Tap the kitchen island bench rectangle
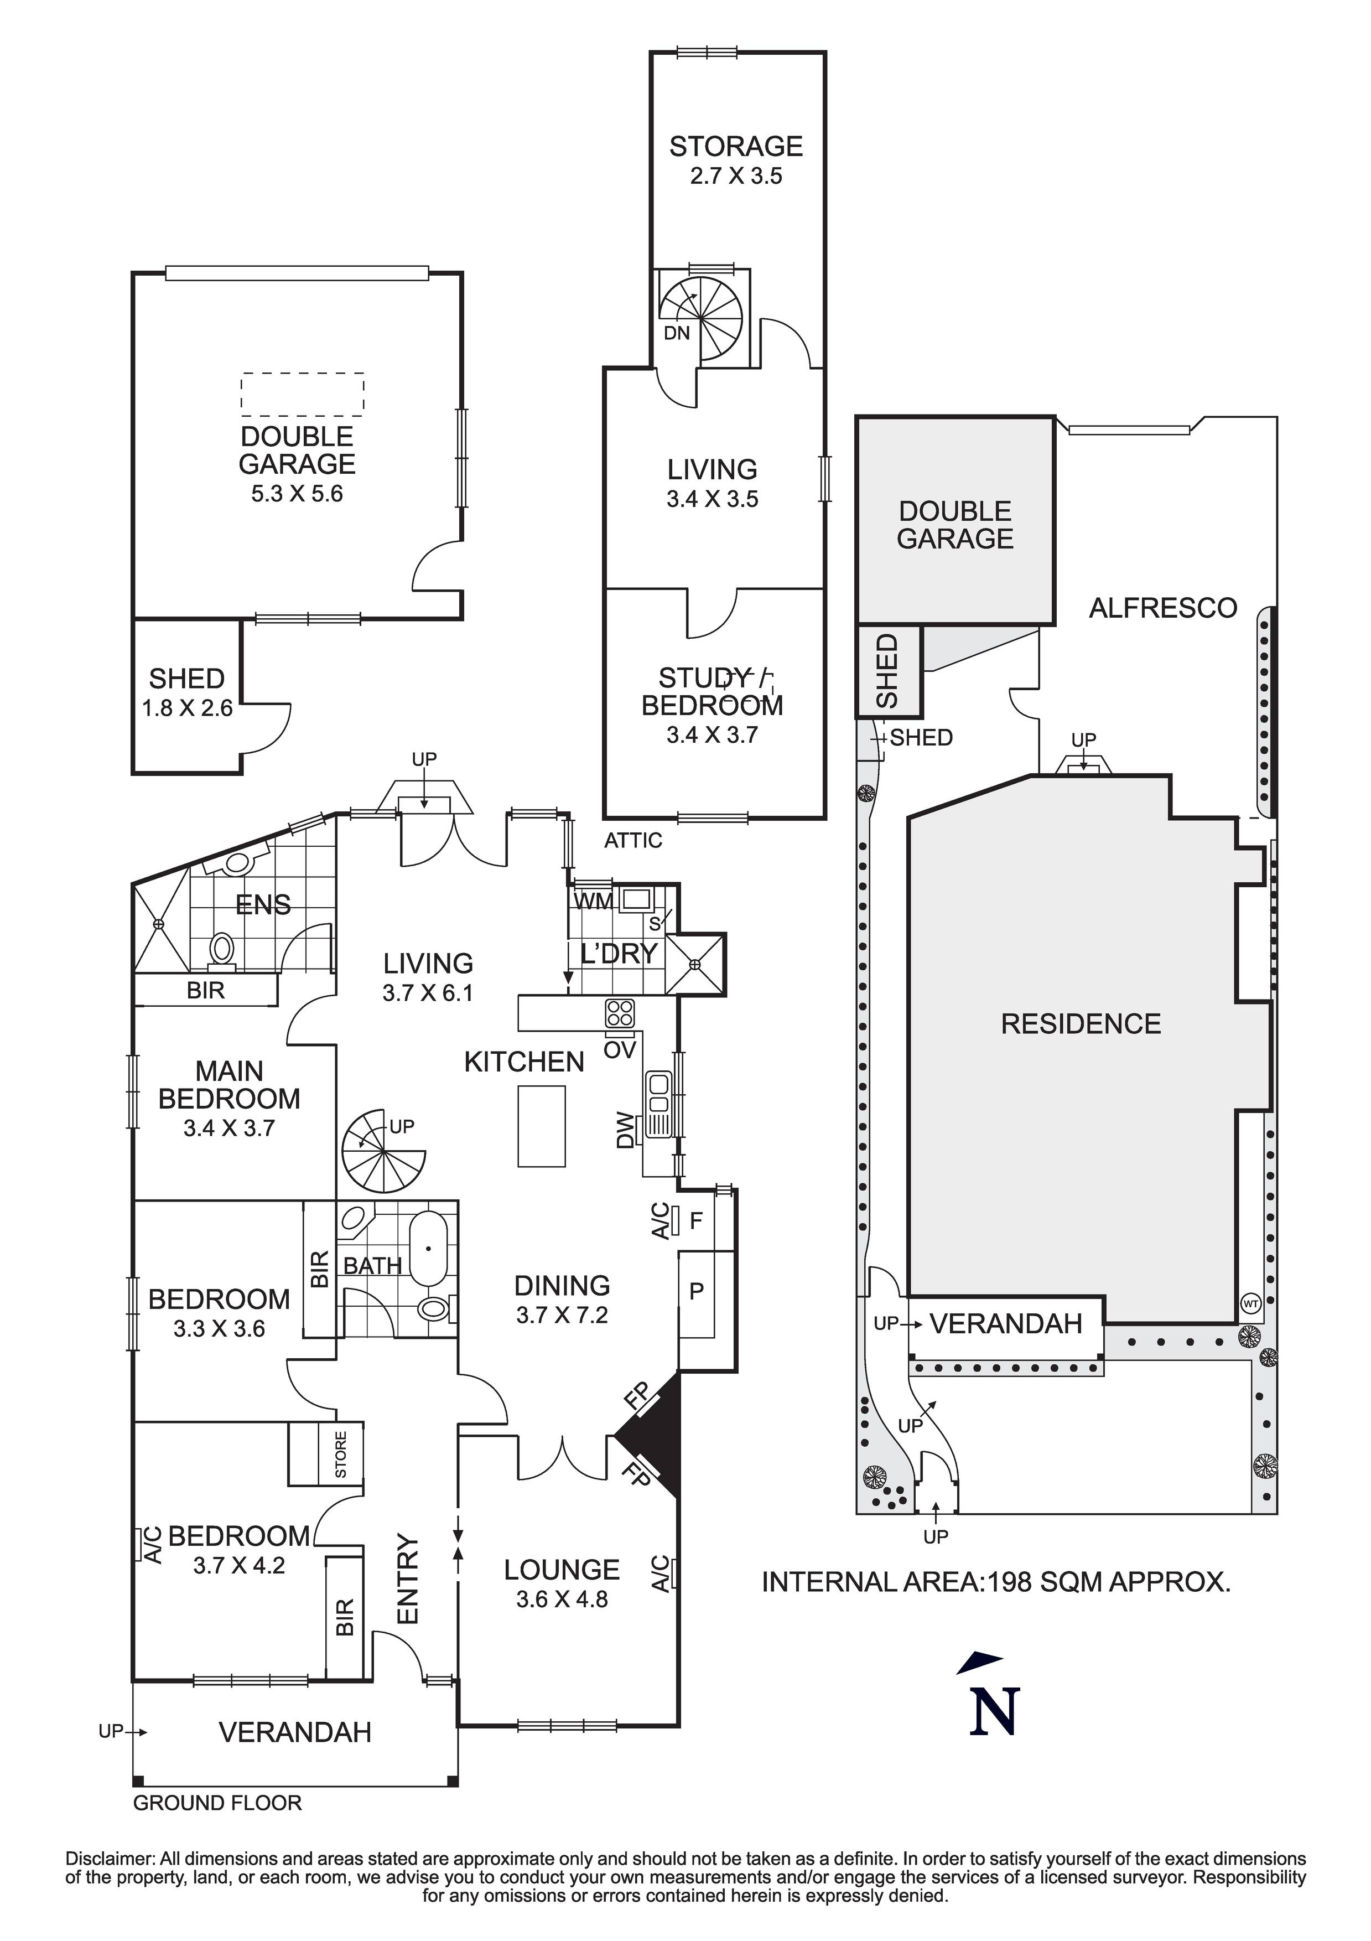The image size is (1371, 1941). (541, 1126)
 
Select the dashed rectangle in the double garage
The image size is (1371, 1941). (303, 394)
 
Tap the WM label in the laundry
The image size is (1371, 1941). (593, 901)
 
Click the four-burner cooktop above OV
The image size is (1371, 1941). (620, 1013)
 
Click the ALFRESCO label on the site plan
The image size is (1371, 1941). (1162, 608)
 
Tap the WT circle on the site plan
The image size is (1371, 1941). (1251, 1303)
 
